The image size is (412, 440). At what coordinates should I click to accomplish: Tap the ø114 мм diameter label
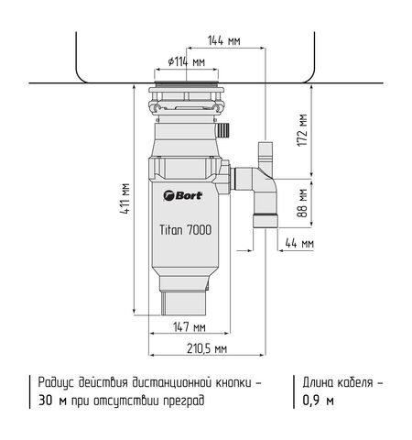tap(185, 61)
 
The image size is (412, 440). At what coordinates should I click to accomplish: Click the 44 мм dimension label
tap(299, 244)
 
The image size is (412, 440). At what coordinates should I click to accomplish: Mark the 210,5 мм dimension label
tap(208, 348)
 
